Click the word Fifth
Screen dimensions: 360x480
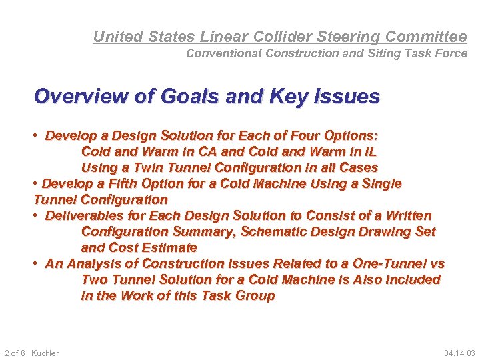(x=119, y=183)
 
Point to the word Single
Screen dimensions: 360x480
(x=381, y=183)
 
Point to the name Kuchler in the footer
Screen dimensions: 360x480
(x=45, y=353)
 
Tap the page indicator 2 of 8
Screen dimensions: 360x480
(x=15, y=353)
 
